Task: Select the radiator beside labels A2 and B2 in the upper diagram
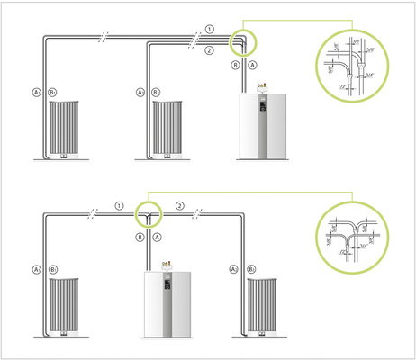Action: pos(172,127)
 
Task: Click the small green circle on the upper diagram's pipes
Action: pos(243,42)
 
